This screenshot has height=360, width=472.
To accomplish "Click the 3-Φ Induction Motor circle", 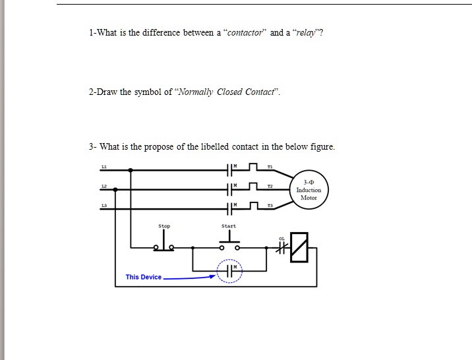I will tap(309, 190).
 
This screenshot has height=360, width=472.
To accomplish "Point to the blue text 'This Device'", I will tap(143, 277).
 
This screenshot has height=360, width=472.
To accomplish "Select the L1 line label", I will tap(103, 165).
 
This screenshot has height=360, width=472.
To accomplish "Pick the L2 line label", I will tap(103, 186).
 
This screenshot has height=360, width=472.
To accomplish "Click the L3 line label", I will tap(103, 206).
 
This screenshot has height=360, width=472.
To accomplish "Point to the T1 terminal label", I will tap(270, 165).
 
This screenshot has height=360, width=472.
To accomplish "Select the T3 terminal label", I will tap(270, 206).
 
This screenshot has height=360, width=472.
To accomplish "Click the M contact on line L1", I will tap(230, 169).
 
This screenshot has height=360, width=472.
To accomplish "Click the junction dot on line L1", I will tap(131, 169).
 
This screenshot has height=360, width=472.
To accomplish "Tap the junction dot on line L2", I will tap(116, 190).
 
